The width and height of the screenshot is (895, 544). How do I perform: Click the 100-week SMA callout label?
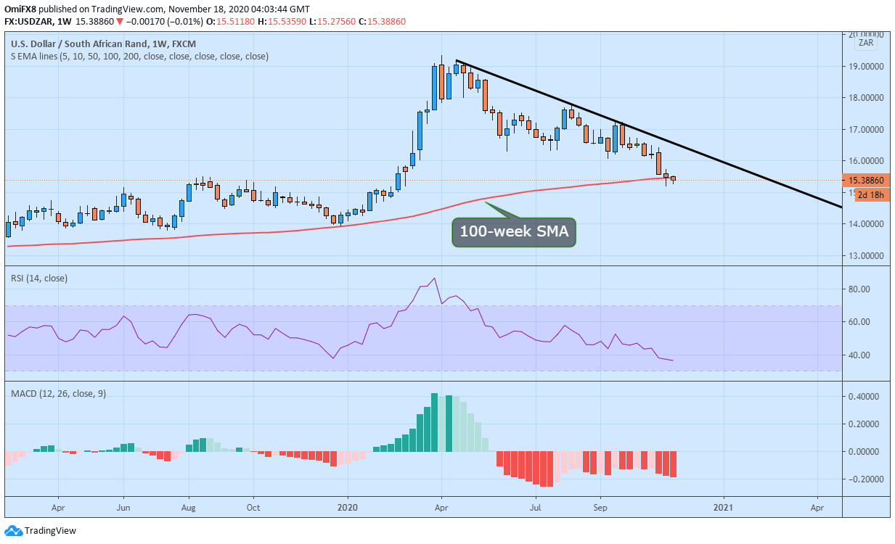click(514, 233)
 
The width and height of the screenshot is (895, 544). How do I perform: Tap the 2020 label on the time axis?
click(348, 506)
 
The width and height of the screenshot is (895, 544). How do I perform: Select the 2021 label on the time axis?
click(723, 506)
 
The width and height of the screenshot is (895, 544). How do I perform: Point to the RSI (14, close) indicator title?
click(39, 278)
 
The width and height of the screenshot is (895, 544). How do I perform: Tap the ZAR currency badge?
click(866, 43)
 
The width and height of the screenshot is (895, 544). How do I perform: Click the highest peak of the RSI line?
click(434, 279)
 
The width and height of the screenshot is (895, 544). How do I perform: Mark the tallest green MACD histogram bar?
click(434, 422)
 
